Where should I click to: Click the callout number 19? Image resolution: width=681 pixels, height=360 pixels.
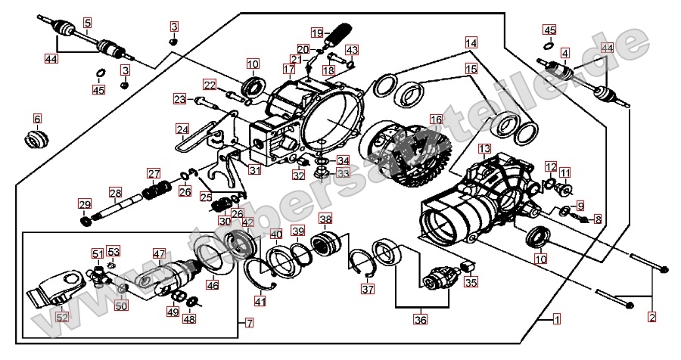pos(317,33)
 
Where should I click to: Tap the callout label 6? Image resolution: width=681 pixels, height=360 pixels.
pos(37,118)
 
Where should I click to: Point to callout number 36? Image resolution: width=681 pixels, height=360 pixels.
pos(420,319)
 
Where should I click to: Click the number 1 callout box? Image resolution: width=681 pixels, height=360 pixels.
pos(557,319)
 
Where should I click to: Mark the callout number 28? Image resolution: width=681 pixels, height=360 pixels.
pos(114,193)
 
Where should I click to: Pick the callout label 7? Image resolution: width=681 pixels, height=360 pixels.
pos(250,323)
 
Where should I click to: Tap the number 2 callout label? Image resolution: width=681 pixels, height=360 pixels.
pos(652,318)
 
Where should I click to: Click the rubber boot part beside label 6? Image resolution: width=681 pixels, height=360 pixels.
pos(37,139)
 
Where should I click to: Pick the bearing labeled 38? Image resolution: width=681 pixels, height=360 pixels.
pos(325,247)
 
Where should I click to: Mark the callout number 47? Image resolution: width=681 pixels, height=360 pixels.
pos(159,253)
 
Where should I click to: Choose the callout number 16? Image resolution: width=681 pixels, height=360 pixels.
pos(435,119)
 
